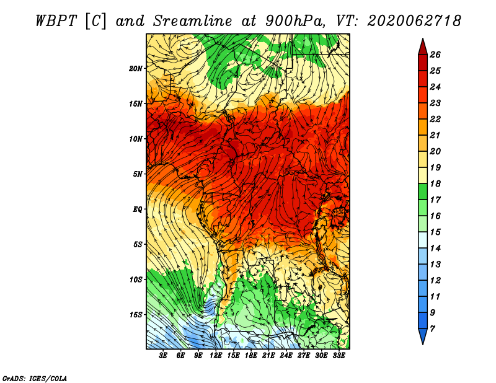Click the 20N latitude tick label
[x=135, y=69]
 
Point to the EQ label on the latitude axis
[x=137, y=209]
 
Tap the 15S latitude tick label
[x=135, y=315]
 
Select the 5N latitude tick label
[x=137, y=174]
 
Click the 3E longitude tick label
[x=163, y=356]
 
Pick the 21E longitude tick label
[x=268, y=356]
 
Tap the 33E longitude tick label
[x=339, y=356]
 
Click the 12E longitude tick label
[x=215, y=356]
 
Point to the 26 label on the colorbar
[x=435, y=55]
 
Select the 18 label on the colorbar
[x=435, y=183]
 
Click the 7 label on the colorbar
[x=432, y=329]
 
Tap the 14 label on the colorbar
[x=435, y=249]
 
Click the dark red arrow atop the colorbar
[x=423, y=47]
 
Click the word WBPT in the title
[x=56, y=21]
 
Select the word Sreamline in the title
[x=193, y=21]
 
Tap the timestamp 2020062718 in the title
[x=414, y=21]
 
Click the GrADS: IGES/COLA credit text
[x=35, y=378]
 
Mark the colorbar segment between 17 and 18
[x=423, y=191]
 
